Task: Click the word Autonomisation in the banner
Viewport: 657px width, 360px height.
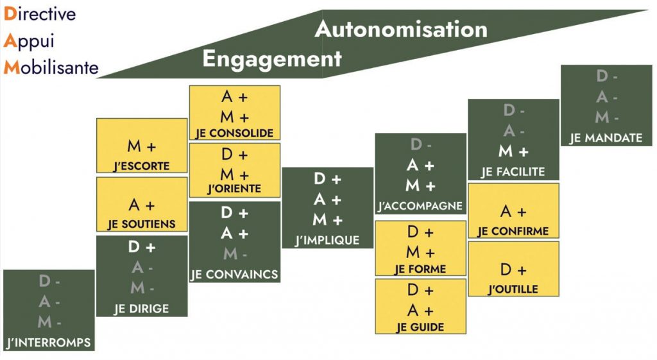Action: coord(401,29)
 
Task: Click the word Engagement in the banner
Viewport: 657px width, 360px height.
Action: coord(272,59)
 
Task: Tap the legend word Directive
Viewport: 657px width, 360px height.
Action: coord(40,13)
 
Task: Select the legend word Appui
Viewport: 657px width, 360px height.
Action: coord(29,40)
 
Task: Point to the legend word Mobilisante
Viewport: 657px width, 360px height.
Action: coord(51,67)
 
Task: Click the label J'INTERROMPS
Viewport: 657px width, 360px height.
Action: coord(49,341)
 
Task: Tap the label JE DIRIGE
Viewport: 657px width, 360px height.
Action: coord(142,309)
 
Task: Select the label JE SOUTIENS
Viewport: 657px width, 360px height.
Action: coord(142,225)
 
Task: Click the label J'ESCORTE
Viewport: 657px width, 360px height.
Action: coord(142,166)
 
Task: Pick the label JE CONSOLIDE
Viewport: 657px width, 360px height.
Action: coord(235,133)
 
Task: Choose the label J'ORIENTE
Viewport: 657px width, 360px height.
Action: coord(235,189)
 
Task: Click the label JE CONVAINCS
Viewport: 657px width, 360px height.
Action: coord(235,274)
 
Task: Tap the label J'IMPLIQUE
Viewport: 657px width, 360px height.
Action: coord(327,241)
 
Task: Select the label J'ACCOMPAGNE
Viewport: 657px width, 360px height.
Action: coord(420,206)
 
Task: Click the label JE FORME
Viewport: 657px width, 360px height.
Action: coord(420,269)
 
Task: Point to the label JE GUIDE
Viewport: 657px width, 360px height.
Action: coord(420,327)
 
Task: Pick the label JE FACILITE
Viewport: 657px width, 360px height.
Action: coord(513,172)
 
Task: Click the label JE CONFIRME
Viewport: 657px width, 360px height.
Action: coord(513,231)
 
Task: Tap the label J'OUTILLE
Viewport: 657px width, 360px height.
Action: coord(513,289)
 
